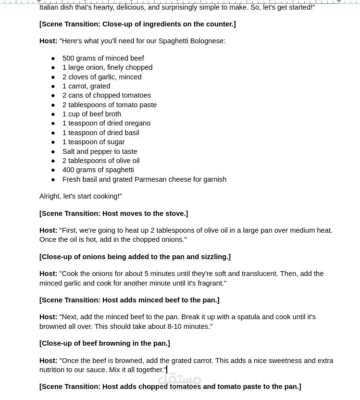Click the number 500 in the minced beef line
click(x=68, y=58)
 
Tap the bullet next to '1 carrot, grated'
click(x=53, y=87)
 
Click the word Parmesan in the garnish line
click(x=150, y=179)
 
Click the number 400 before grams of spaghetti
click(x=68, y=170)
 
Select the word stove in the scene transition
click(x=175, y=213)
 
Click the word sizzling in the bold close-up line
click(x=214, y=257)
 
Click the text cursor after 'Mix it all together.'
click(x=167, y=370)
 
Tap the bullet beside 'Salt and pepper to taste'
click(x=53, y=151)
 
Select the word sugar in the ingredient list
click(x=115, y=142)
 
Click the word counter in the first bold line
click(x=221, y=24)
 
